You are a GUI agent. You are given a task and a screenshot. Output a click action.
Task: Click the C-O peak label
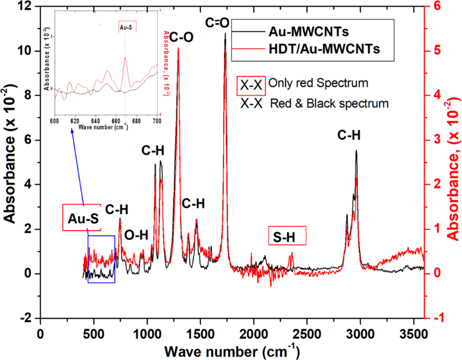(x=181, y=37)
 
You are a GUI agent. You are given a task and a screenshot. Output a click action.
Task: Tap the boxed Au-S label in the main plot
(x=82, y=219)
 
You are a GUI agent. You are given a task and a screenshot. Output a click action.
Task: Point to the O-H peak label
(x=136, y=235)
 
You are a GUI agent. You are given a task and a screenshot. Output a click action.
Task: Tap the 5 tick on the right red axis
(x=436, y=51)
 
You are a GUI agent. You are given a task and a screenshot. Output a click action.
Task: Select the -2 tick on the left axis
(x=26, y=318)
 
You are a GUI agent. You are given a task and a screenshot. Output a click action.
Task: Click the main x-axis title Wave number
(x=226, y=349)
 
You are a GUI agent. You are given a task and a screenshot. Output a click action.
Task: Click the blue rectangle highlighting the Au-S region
(x=101, y=259)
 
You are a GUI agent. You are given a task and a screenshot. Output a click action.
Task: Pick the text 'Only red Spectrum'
(x=318, y=83)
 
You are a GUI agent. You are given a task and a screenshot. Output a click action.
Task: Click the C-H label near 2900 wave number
(x=349, y=135)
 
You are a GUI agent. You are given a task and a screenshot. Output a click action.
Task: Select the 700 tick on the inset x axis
(x=157, y=121)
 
